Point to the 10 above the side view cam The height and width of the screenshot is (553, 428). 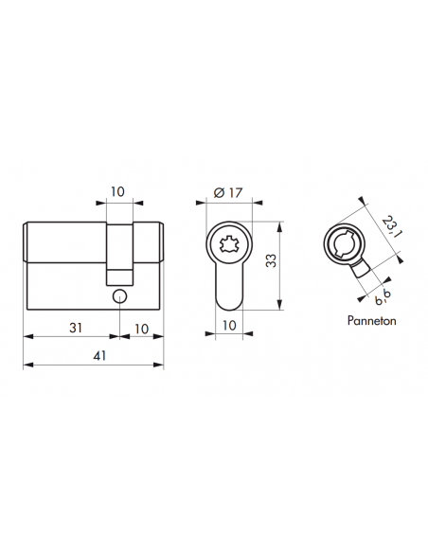(x=116, y=191)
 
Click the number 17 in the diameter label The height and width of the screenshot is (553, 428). (x=233, y=193)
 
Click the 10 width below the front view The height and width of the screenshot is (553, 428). (x=228, y=326)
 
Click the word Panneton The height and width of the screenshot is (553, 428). (x=372, y=321)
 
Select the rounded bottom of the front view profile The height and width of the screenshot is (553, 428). (x=228, y=302)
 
